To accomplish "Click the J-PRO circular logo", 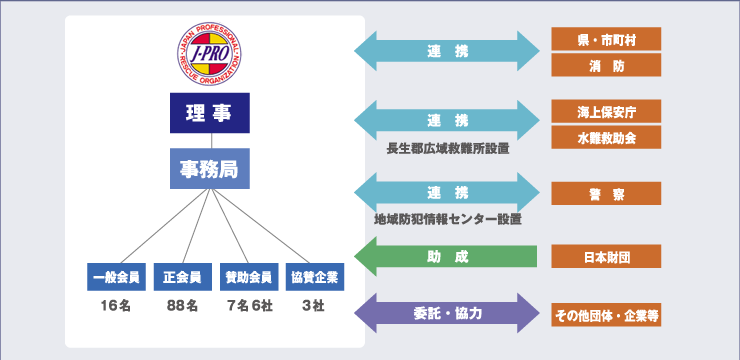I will click(x=209, y=54).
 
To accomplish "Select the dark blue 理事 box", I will click(x=209, y=113).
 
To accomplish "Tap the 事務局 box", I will click(x=209, y=169).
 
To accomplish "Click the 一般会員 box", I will click(x=116, y=276).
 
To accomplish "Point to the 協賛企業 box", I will click(x=313, y=276).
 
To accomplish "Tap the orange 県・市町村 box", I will click(x=606, y=40).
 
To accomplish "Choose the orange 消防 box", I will click(x=606, y=66).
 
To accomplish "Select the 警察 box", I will click(x=606, y=194).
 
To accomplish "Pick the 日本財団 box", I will click(x=606, y=257).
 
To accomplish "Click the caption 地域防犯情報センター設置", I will click(x=447, y=219).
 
